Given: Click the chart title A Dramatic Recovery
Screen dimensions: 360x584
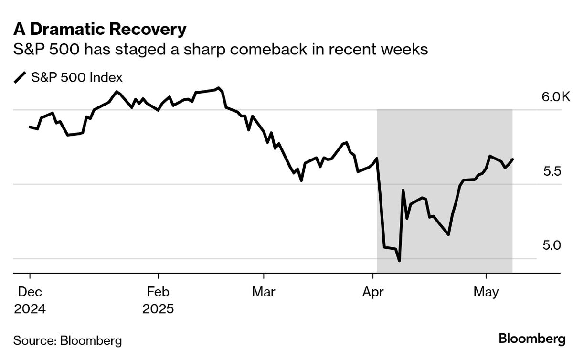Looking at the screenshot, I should pyautogui.click(x=100, y=30).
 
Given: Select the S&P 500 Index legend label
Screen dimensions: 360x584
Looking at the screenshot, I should pyautogui.click(x=76, y=77).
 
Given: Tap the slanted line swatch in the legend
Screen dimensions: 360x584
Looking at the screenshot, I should pyautogui.click(x=20, y=77).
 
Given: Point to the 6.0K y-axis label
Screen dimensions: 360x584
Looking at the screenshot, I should pyautogui.click(x=556, y=97).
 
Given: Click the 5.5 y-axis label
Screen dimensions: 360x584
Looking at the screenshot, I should pyautogui.click(x=553, y=171).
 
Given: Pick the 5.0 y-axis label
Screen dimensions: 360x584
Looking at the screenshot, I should pyautogui.click(x=553, y=245).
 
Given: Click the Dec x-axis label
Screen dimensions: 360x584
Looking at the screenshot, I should pyautogui.click(x=30, y=292).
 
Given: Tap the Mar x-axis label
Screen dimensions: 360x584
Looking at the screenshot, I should pyautogui.click(x=264, y=292).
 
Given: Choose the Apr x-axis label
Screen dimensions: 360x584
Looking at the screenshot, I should pyautogui.click(x=372, y=292).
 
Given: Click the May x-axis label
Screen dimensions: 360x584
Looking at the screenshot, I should pyautogui.click(x=486, y=292).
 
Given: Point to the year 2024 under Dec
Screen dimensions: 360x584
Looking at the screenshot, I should pyautogui.click(x=30, y=309).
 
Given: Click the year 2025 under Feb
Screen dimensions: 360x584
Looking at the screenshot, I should pyautogui.click(x=158, y=309).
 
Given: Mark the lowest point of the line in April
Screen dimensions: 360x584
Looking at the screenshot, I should pyautogui.click(x=399, y=261).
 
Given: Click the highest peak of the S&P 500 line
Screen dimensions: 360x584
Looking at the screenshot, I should pyautogui.click(x=219, y=88).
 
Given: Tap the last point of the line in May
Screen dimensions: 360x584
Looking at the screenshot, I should pyautogui.click(x=513, y=159).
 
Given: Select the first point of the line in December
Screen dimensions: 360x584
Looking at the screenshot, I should pyautogui.click(x=30, y=127).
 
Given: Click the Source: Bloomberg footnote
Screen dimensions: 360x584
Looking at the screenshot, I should pyautogui.click(x=67, y=340).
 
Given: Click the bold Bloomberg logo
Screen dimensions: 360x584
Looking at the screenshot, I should pyautogui.click(x=532, y=339).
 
